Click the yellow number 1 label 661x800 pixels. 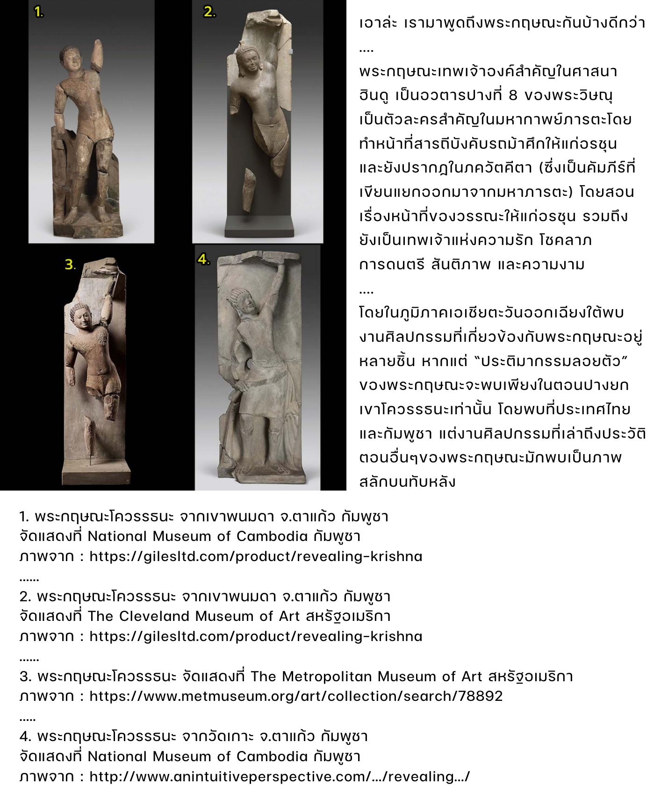click(x=39, y=13)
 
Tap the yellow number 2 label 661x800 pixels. click(x=209, y=12)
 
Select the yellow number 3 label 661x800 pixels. click(x=70, y=265)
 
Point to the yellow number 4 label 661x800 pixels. click(x=203, y=259)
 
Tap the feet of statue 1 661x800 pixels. click(x=86, y=216)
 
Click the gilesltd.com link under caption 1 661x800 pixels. click(x=256, y=556)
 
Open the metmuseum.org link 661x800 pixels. click(x=295, y=696)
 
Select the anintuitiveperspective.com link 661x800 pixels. click(x=279, y=777)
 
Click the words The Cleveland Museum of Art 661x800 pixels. click(x=193, y=616)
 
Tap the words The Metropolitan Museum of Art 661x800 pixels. click(x=366, y=677)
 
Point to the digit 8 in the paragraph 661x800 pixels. click(x=513, y=95)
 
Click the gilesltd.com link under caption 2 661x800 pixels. click(x=256, y=636)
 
